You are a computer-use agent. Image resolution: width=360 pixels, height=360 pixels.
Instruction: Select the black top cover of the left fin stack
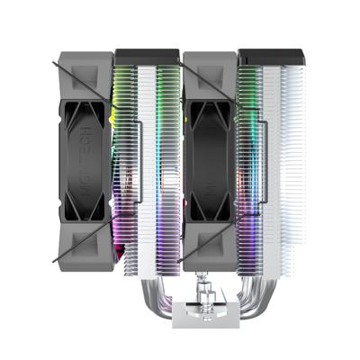click(146, 57)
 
